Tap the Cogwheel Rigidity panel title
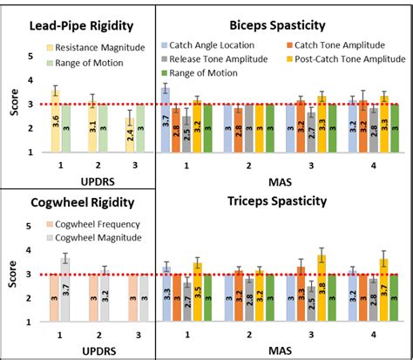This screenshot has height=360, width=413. (83, 202)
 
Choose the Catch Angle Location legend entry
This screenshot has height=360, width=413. (213, 43)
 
